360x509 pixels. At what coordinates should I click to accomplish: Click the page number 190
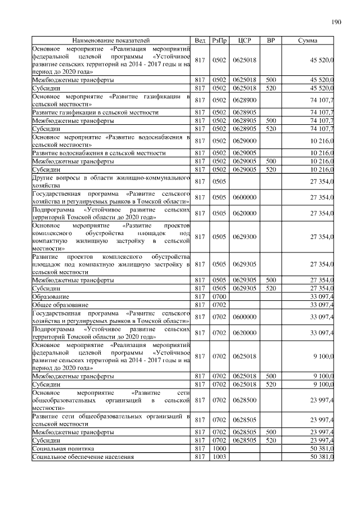[x=336, y=22]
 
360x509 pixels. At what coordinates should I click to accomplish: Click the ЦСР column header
[x=244, y=41]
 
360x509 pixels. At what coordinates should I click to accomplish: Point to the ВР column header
[x=271, y=41]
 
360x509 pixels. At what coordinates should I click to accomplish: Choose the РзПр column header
[x=219, y=41]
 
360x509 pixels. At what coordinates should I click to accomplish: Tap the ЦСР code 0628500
[x=244, y=400]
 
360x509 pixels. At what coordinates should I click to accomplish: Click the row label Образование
[x=51, y=296]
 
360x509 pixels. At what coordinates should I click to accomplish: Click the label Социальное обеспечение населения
[x=83, y=457]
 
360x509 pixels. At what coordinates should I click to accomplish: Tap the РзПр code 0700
[x=219, y=296]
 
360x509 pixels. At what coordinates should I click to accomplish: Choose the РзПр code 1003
[x=219, y=457]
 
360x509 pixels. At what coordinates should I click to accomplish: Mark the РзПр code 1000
[x=219, y=449]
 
